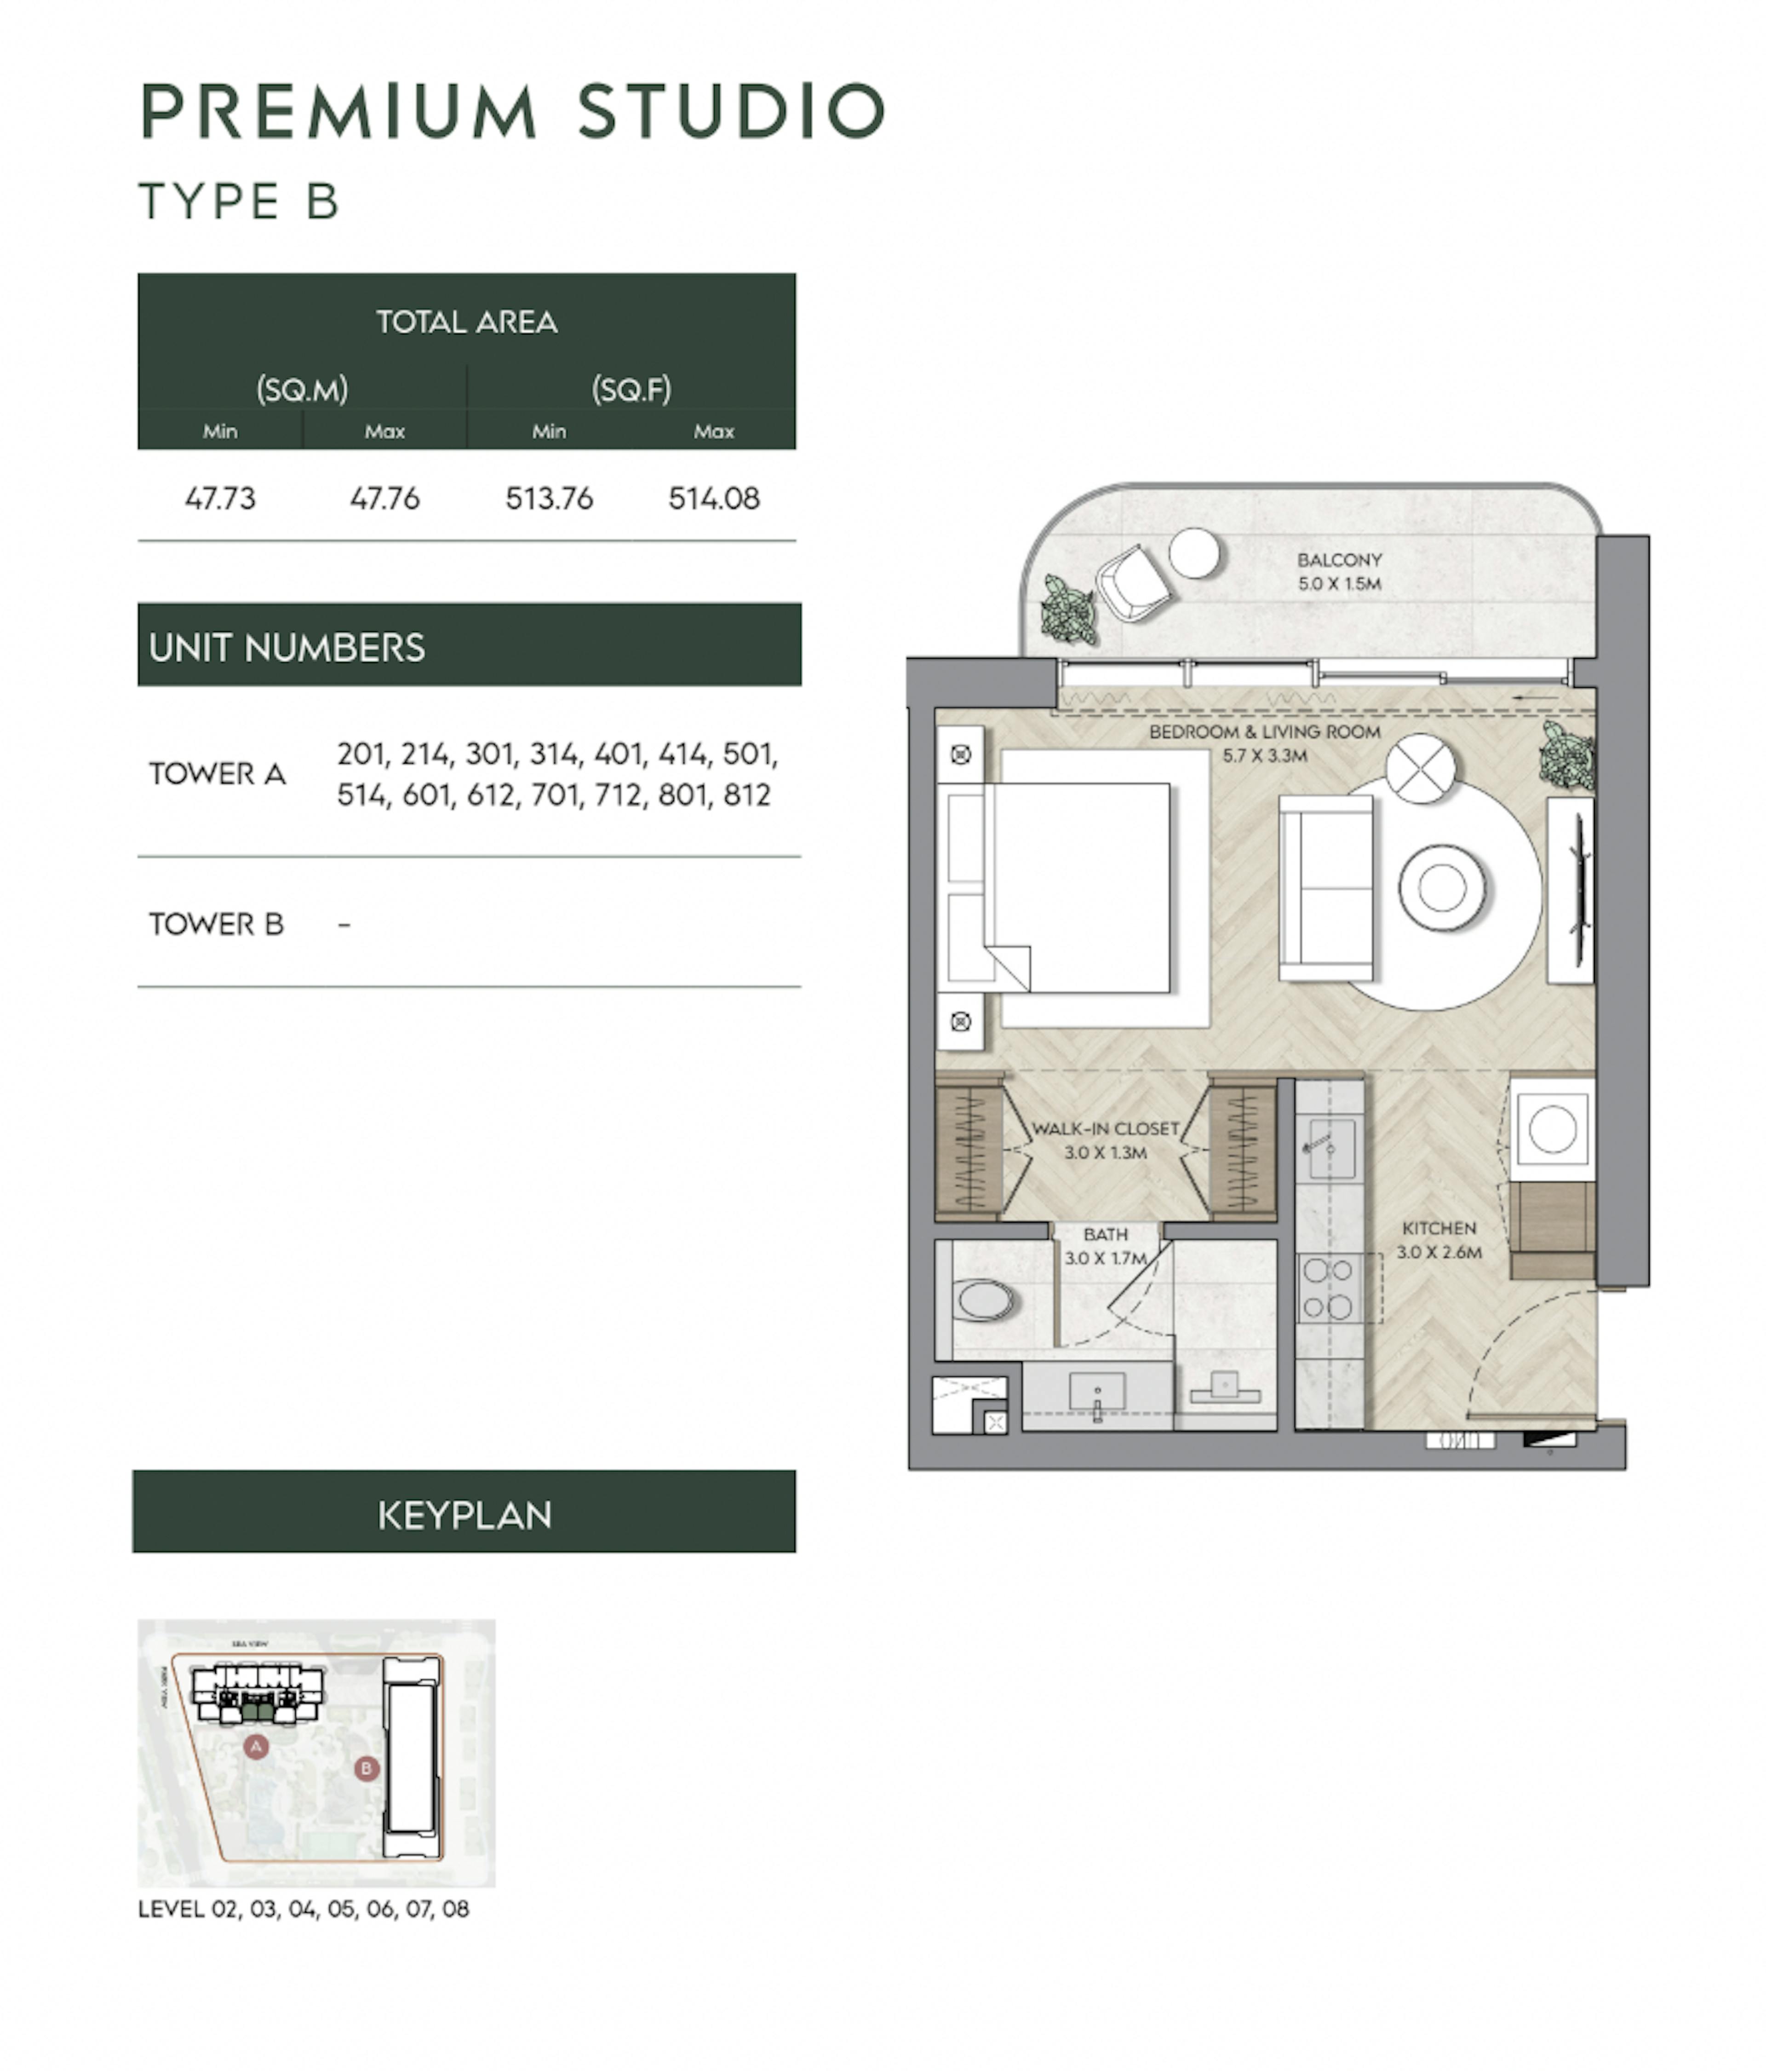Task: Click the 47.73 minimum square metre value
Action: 220,498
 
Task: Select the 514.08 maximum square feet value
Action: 714,498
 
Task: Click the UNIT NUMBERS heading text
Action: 287,648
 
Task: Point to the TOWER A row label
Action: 218,774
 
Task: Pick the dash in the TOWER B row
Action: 344,925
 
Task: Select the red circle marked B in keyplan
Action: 366,1768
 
